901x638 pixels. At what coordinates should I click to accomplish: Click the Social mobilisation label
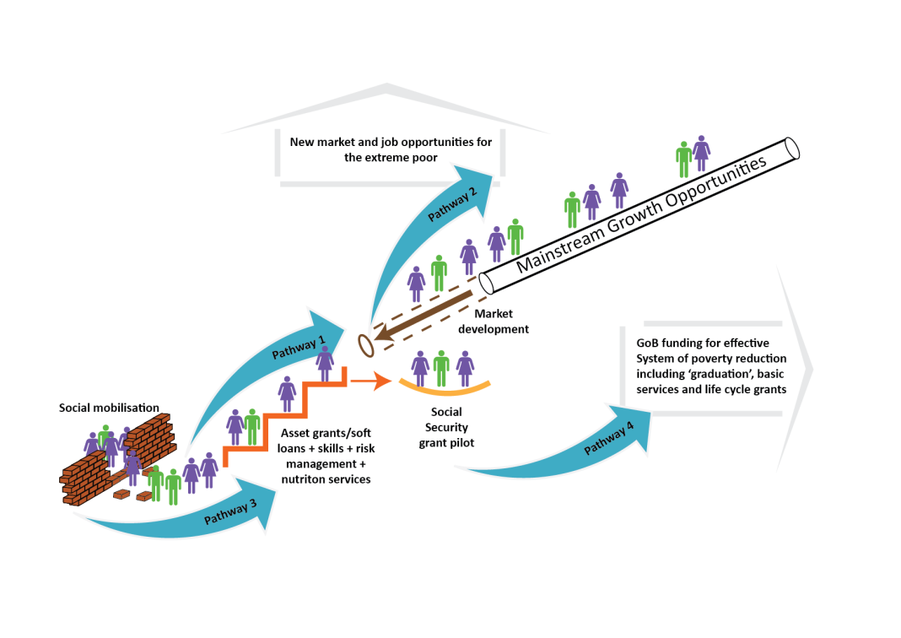(109, 408)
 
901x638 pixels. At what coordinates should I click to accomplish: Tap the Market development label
(493, 322)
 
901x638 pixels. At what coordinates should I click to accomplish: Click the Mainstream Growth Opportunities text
(642, 214)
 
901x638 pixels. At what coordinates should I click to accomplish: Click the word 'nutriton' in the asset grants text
(303, 479)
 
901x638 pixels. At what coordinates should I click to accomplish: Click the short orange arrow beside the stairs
(370, 381)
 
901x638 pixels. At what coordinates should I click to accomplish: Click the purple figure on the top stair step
(325, 363)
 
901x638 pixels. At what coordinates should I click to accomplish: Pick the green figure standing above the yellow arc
(441, 368)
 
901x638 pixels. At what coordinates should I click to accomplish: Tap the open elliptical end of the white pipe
(790, 149)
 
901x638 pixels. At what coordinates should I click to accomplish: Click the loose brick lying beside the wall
(145, 496)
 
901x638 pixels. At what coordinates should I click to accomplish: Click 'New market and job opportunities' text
(391, 142)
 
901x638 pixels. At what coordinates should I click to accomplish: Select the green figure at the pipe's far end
(684, 159)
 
